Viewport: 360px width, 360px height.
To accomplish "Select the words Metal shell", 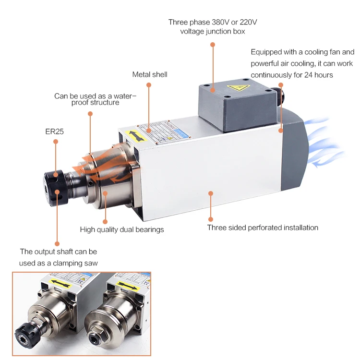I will click(x=150, y=74).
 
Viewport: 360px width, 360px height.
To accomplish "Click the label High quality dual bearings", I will click(x=122, y=229).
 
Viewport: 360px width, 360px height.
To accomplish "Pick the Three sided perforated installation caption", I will click(x=263, y=228).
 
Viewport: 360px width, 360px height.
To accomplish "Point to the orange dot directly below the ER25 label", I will click(x=56, y=142).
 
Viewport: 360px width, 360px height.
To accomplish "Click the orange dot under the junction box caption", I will click(x=213, y=45).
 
